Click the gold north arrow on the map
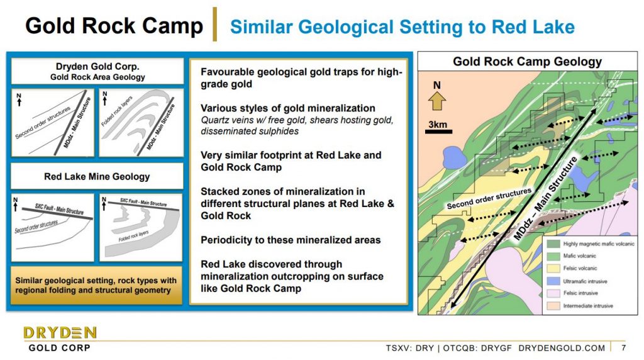click(x=437, y=101)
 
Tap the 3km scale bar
click(x=438, y=132)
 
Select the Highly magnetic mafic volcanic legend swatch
click(x=553, y=244)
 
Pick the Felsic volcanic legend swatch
click(x=553, y=268)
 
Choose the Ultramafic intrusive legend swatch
click(x=553, y=281)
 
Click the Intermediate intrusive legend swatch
click(x=553, y=306)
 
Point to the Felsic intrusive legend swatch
click(x=553, y=293)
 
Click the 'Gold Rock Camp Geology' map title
click(x=528, y=62)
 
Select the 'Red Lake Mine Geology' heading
click(x=97, y=177)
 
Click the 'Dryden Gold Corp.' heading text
click(x=97, y=67)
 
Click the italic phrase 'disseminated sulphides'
click(x=250, y=132)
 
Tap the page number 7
click(x=624, y=347)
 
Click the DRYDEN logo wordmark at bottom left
click(x=60, y=332)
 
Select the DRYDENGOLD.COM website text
click(x=562, y=348)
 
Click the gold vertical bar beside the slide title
click(x=214, y=25)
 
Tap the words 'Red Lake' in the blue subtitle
click(x=533, y=27)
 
